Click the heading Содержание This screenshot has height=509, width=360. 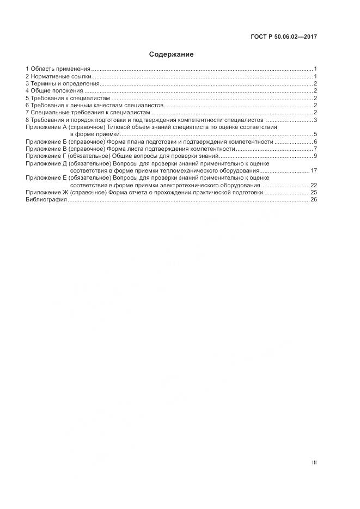(x=172, y=54)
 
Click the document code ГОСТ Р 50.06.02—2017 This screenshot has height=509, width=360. (x=283, y=37)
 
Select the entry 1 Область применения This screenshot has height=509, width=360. (x=58, y=69)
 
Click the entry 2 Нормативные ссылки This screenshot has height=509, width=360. (x=59, y=77)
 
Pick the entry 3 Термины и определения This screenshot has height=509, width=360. (x=62, y=84)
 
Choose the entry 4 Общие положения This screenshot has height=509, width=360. (x=54, y=91)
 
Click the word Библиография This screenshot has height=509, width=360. (x=46, y=200)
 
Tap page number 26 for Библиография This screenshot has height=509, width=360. (x=314, y=200)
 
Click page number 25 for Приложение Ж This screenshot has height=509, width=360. (x=314, y=193)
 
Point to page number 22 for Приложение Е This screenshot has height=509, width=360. (x=314, y=186)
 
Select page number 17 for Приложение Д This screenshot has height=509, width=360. (x=314, y=171)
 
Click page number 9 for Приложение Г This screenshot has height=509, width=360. (x=315, y=156)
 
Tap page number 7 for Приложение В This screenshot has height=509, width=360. (x=315, y=149)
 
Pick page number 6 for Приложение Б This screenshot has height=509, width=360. (x=315, y=142)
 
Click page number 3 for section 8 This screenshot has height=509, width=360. (x=315, y=120)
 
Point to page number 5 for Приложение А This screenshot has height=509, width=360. (x=315, y=134)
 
